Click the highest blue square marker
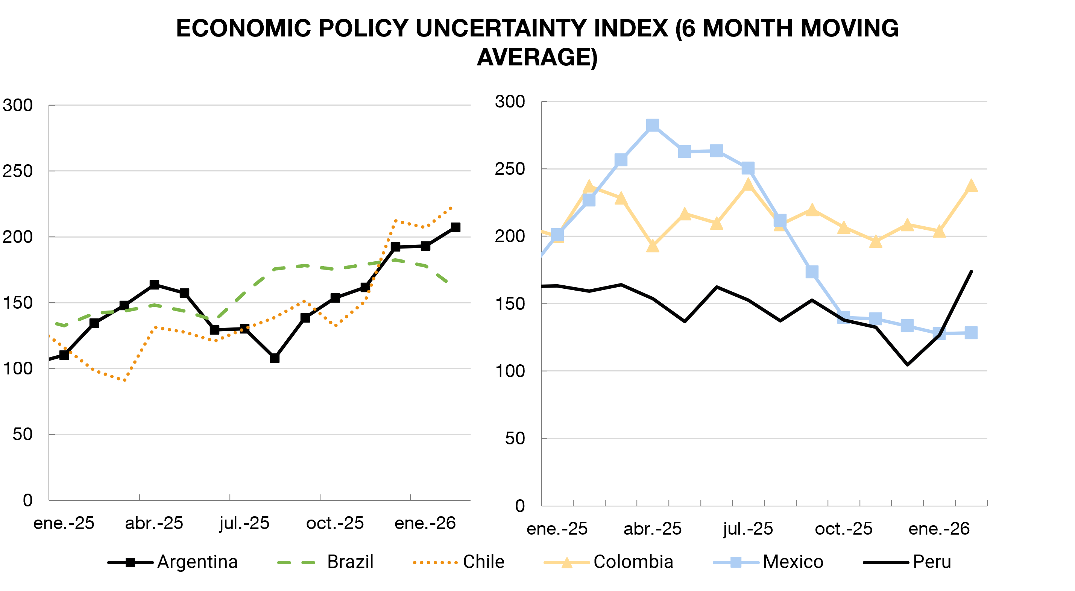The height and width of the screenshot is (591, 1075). [x=653, y=125]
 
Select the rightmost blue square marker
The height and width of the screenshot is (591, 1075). [x=971, y=333]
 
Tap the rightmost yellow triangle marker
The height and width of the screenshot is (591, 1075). [x=971, y=186]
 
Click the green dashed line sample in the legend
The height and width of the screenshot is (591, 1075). [x=296, y=563]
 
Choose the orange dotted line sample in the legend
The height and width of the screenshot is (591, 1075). [x=435, y=563]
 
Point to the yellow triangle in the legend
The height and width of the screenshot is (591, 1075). [x=567, y=563]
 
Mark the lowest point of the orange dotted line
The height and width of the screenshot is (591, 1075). [x=124, y=380]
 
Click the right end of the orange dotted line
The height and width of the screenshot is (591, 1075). [x=451, y=207]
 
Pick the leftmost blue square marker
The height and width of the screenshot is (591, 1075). [x=557, y=235]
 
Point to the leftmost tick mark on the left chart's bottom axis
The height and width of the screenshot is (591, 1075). [x=140, y=497]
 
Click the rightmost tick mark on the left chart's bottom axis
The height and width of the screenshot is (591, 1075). [x=411, y=497]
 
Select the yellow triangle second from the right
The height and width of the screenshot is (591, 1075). [x=939, y=232]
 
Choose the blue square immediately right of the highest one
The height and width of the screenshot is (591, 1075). [x=685, y=152]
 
